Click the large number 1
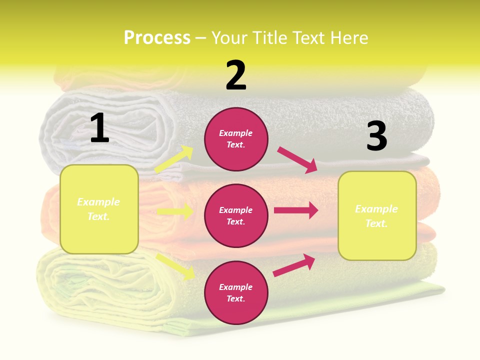coord(99,128)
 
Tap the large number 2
coord(236,75)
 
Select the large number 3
coord(376,136)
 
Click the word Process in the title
coord(157,37)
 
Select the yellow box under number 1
coord(99,209)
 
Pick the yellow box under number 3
coord(377,216)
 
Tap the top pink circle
coord(236,139)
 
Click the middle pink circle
coord(236,215)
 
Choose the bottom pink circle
coord(236,292)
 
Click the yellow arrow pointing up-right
coord(174,159)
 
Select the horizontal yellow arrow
coord(175,211)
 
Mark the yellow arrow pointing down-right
coord(175,266)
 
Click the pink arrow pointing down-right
coord(297,159)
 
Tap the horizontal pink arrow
coord(296,210)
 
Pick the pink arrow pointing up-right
coord(294,265)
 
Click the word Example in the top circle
coord(236,133)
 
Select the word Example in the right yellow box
coord(376,209)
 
